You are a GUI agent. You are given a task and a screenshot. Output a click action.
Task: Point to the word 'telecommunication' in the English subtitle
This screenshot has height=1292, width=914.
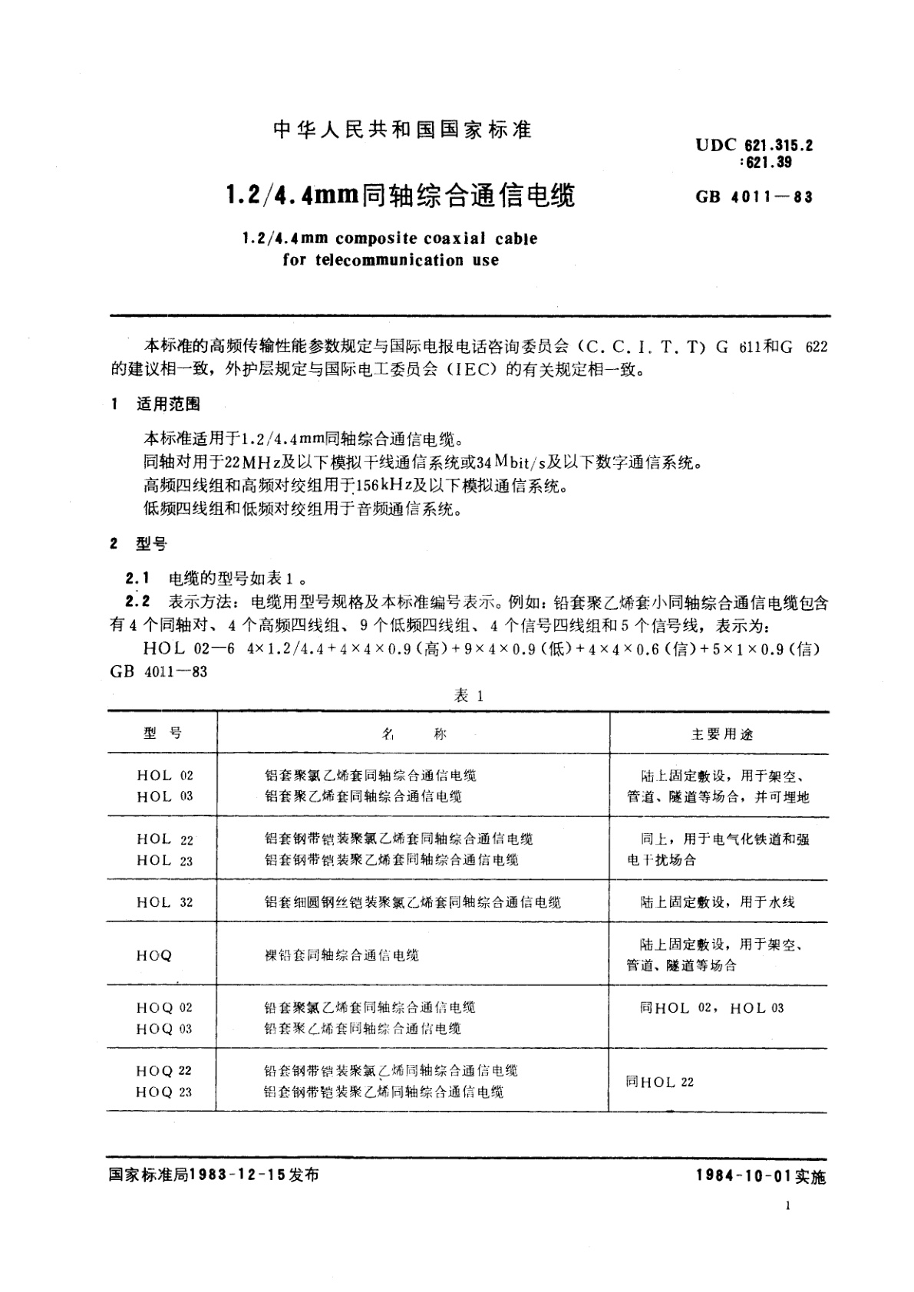[x=376, y=260]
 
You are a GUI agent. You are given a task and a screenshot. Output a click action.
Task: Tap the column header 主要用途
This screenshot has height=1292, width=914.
[x=722, y=734]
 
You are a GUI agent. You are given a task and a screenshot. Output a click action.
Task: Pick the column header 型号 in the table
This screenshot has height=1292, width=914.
[x=162, y=733]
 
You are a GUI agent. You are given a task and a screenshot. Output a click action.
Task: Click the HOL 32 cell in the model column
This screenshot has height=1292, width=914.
[x=164, y=902]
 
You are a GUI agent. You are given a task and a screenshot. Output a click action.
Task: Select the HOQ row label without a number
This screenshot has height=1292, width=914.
[x=154, y=955]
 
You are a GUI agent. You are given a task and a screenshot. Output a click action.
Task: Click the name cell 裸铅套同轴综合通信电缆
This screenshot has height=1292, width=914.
[x=342, y=955]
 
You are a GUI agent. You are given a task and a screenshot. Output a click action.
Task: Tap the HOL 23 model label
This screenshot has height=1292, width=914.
[x=164, y=861]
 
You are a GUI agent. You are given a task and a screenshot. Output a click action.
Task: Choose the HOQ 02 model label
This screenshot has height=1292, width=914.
[x=164, y=1007]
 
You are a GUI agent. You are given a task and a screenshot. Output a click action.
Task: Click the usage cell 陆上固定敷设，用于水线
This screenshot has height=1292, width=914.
[x=718, y=902]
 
